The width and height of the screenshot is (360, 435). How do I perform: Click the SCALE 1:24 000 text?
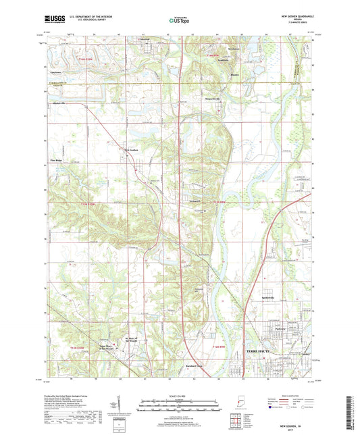click(x=179, y=395)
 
